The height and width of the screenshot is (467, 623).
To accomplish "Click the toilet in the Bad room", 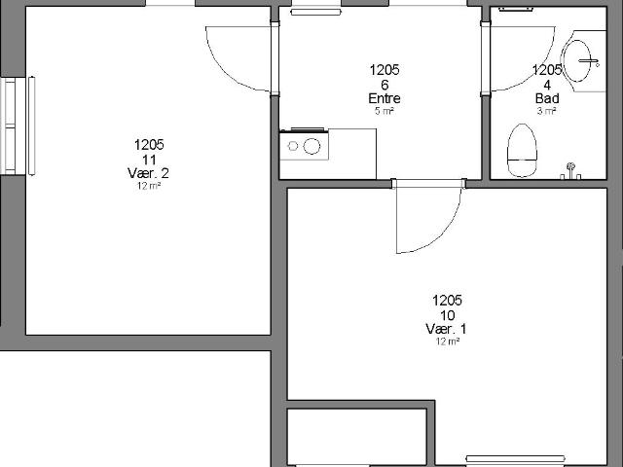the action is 522,151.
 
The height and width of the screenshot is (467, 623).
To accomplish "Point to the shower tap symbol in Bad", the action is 570,171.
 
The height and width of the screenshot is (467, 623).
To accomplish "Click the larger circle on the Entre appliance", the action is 311,146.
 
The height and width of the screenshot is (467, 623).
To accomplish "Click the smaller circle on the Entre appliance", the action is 293,146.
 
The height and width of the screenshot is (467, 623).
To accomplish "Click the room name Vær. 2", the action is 148,173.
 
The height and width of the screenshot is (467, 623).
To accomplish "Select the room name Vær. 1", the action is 446,329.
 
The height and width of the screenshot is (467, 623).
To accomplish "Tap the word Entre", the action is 385,98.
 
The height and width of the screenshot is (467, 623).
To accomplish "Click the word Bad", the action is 547,98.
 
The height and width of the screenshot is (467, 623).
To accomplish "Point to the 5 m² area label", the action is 385,111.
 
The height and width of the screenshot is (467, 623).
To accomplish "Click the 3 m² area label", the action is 547,111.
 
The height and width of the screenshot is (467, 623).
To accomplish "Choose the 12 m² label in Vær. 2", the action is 149,186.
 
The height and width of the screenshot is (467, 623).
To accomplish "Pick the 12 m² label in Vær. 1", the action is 448,341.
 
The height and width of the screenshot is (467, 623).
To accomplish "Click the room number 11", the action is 149,160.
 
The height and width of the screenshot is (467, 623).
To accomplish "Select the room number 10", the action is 448,315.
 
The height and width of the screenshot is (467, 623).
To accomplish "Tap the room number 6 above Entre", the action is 385,85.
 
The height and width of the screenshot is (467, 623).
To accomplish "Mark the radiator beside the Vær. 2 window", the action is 31,126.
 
